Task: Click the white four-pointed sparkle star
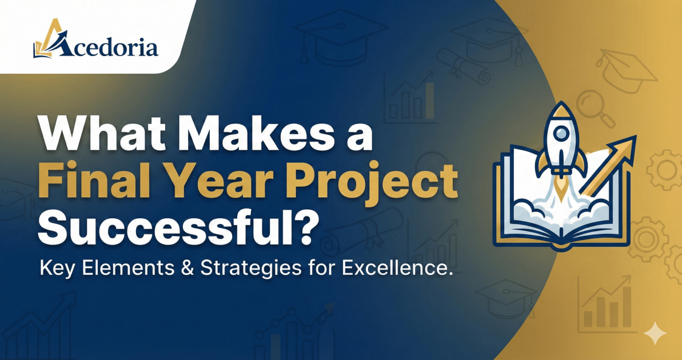point(655,334)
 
